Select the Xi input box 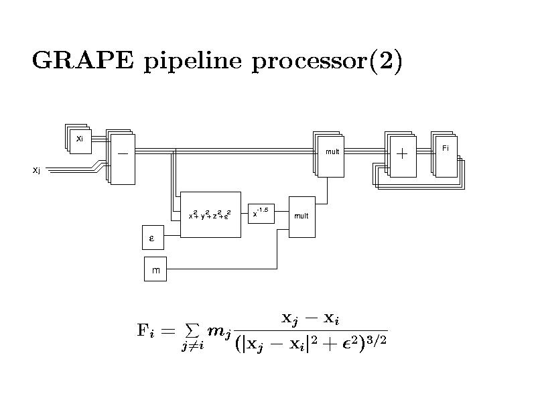pyautogui.click(x=80, y=141)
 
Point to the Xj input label pyautogui.click(x=36, y=170)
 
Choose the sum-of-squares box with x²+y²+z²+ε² pyautogui.click(x=210, y=214)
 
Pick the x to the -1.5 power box pyautogui.click(x=261, y=213)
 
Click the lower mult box pyautogui.click(x=301, y=216)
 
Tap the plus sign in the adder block pyautogui.click(x=402, y=155)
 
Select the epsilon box pyautogui.click(x=151, y=238)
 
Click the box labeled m pyautogui.click(x=155, y=270)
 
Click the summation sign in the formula pyautogui.click(x=191, y=330)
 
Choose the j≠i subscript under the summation pyautogui.click(x=191, y=346)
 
